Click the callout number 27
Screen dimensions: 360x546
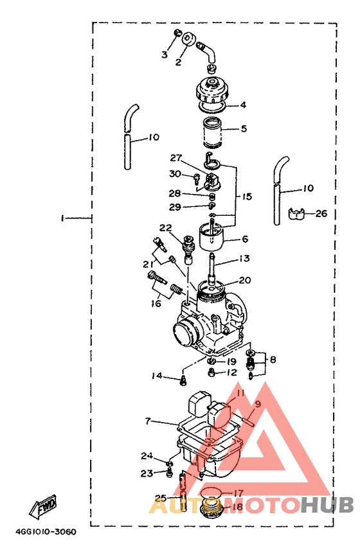pyautogui.click(x=175, y=158)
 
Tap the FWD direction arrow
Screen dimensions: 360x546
pyautogui.click(x=43, y=506)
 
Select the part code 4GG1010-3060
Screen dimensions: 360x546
pyautogui.click(x=46, y=532)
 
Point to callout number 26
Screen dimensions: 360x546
pyautogui.click(x=321, y=213)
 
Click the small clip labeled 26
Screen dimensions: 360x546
pyautogui.click(x=296, y=214)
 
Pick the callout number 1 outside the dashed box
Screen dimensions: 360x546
pyautogui.click(x=62, y=218)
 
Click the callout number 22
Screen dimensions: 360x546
pyautogui.click(x=166, y=228)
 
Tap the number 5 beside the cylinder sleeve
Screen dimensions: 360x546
pyautogui.click(x=244, y=128)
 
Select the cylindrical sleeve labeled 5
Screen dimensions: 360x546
pyautogui.click(x=212, y=132)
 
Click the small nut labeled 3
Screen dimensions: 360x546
pyautogui.click(x=177, y=33)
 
